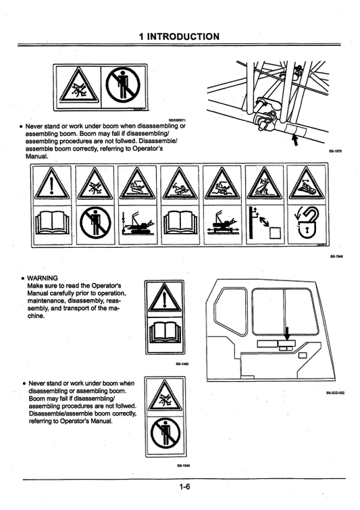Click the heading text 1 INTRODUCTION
(179, 36)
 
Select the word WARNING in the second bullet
(42, 277)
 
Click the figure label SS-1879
(336, 151)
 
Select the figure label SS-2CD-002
(335, 392)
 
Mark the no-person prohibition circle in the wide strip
(96, 224)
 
